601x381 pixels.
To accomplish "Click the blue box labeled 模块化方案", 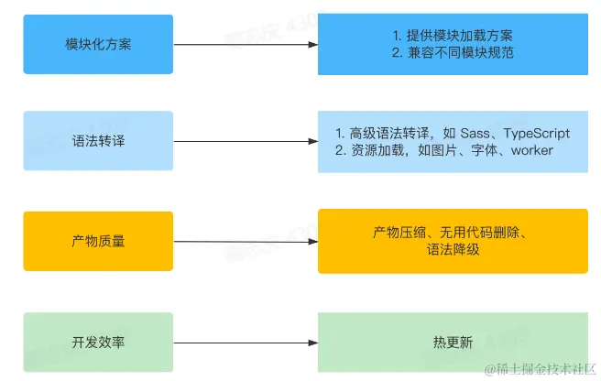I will (99, 44).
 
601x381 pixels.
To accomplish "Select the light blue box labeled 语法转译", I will (99, 141).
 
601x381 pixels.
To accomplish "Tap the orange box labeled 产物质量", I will (99, 241).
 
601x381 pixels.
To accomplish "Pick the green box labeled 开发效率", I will (99, 343).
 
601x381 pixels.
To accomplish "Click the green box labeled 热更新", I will (453, 343).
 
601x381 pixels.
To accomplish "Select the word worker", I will (532, 150).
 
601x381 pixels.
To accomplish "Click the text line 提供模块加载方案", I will (459, 36).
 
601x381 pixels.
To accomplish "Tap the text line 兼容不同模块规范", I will (459, 53).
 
